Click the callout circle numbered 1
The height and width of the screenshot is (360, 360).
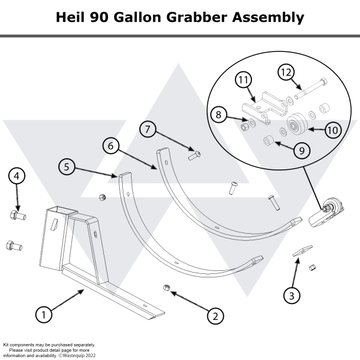43,315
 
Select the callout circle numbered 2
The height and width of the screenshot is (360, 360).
215,316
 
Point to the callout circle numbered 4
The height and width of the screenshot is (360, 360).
17,176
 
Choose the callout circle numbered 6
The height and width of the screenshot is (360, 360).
110,144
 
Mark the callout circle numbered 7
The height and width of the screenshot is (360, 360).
148,129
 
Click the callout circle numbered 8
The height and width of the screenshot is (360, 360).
219,114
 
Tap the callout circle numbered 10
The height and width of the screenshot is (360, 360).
333,129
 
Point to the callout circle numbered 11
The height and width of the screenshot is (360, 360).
243,80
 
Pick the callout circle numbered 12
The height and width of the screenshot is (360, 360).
286,72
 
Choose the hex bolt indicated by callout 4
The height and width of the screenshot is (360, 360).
16,215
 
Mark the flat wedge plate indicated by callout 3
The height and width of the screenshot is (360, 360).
300,250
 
